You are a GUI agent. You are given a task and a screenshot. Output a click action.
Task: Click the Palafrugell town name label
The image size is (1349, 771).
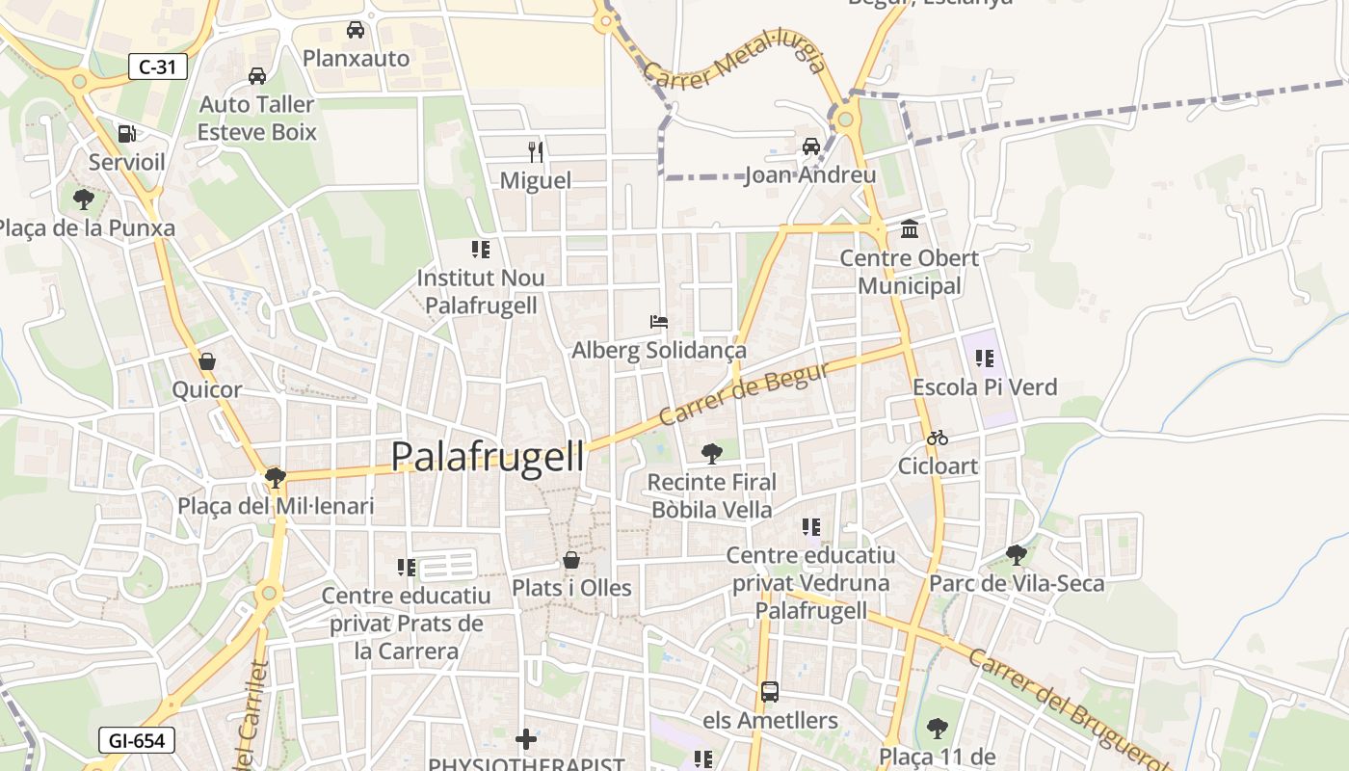tap(488, 456)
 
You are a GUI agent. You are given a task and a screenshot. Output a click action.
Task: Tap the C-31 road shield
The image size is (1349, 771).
tap(157, 66)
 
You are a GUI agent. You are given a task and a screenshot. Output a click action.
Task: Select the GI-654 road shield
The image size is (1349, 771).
tap(136, 740)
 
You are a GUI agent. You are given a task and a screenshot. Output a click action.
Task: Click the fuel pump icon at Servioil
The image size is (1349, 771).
tap(126, 134)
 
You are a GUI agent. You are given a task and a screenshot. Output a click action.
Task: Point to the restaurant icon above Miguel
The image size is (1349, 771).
tap(536, 151)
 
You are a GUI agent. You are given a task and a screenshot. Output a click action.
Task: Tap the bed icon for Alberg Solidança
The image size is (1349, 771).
tap(659, 322)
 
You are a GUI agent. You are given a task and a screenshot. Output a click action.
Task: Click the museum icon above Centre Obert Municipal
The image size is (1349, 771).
tap(909, 229)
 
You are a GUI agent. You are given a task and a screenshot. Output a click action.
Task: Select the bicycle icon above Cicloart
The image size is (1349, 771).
tap(937, 438)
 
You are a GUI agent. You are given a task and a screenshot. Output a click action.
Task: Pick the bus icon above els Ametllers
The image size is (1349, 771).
tap(769, 691)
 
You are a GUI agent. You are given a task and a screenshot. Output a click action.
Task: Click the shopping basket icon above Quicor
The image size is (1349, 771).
tap(206, 362)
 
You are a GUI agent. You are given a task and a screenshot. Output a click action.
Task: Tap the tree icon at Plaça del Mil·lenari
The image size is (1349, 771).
tap(276, 477)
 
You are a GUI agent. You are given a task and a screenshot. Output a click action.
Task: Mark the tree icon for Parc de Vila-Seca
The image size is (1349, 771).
tap(1016, 554)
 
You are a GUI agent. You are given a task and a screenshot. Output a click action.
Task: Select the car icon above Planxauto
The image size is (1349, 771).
tap(356, 30)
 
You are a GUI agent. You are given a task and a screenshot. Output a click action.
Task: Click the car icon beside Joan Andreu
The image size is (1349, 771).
tap(811, 146)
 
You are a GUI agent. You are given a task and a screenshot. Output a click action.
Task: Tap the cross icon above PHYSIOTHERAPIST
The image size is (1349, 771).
tap(526, 739)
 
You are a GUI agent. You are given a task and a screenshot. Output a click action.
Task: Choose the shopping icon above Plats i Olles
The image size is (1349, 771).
tap(571, 560)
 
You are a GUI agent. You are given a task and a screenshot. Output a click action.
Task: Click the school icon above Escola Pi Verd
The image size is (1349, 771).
tap(984, 359)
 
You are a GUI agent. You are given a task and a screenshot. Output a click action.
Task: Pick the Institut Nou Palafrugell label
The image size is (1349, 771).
tap(481, 291)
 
